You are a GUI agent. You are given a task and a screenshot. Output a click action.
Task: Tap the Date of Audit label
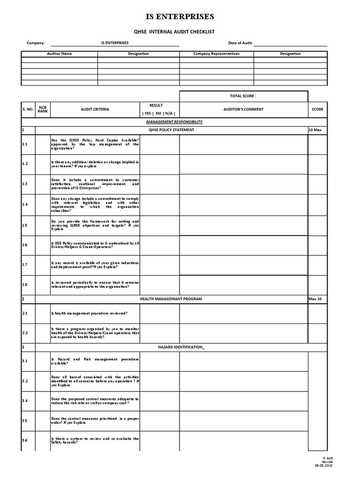point(240,43)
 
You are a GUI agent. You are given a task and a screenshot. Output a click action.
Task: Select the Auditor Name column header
point(60,54)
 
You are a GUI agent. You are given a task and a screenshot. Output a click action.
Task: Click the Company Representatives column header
point(216,54)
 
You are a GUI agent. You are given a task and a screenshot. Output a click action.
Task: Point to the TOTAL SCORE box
point(243,96)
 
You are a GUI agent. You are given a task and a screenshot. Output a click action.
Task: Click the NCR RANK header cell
point(43,109)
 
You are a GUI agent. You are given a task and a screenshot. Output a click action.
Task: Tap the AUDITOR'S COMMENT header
point(243,109)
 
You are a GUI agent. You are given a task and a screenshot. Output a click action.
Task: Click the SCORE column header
point(317,109)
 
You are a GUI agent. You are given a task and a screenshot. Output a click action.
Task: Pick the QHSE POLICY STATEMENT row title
point(171,129)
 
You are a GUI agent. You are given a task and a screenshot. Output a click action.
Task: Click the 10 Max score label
point(315,129)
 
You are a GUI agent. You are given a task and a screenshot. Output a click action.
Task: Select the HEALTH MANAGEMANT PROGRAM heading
point(171,299)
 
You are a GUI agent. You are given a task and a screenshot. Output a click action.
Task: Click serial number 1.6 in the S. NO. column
point(25,245)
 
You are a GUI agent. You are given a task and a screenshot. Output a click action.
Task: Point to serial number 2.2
point(25,332)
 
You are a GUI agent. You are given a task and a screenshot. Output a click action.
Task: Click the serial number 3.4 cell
point(25,400)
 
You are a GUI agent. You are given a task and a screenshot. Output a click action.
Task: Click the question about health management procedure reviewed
point(89,313)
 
